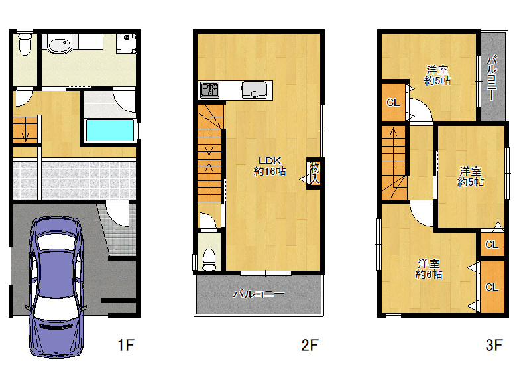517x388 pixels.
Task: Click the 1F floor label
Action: [126, 345]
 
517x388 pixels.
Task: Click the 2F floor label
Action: [310, 345]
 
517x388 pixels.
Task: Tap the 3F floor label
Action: [494, 345]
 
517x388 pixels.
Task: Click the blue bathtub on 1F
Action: [110, 130]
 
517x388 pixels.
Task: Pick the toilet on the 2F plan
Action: [209, 259]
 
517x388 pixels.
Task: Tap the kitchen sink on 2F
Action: [254, 90]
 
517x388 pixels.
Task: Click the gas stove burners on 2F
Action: [209, 90]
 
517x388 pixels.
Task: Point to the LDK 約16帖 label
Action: [270, 166]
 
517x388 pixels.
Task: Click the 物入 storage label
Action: [315, 174]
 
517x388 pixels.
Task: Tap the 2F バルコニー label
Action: [258, 294]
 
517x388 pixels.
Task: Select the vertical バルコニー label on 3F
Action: [492, 78]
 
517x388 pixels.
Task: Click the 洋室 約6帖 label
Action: [429, 269]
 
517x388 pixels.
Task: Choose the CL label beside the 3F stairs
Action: [393, 103]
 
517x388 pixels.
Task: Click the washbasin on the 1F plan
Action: [60, 45]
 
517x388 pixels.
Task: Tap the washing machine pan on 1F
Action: [127, 44]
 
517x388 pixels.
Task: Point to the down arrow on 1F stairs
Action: [25, 135]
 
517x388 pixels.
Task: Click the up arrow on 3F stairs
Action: [393, 133]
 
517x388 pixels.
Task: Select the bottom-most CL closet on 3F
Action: [492, 287]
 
